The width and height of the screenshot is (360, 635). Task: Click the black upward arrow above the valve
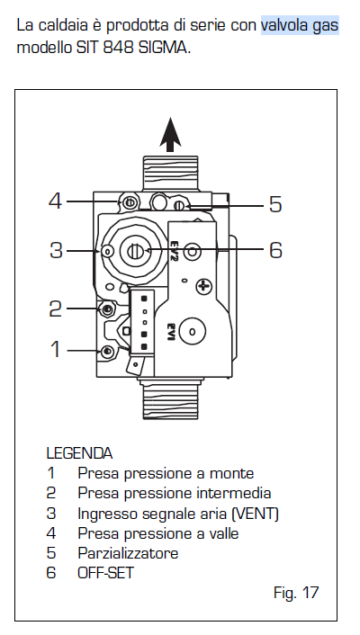pyautogui.click(x=170, y=134)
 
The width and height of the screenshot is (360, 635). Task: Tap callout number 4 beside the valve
pyautogui.click(x=55, y=201)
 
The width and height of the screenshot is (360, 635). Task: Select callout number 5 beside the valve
pyautogui.click(x=275, y=204)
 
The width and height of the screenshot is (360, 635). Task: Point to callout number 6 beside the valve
pyautogui.click(x=275, y=250)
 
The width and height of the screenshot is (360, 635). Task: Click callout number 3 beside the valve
pyautogui.click(x=57, y=250)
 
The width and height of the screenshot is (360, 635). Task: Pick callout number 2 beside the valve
pyautogui.click(x=55, y=309)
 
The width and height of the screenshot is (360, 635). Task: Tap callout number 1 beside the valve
pyautogui.click(x=56, y=349)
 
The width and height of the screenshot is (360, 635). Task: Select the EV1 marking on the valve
pyautogui.click(x=171, y=331)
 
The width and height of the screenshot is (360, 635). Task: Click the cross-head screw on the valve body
pyautogui.click(x=204, y=287)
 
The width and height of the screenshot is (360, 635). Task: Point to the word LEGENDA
pyautogui.click(x=79, y=453)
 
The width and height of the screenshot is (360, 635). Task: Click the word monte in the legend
pyautogui.click(x=231, y=473)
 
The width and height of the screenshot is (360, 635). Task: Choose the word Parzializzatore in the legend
pyautogui.click(x=128, y=553)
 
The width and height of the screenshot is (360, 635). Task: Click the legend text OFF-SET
pyautogui.click(x=106, y=573)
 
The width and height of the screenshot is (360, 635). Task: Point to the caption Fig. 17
pyautogui.click(x=296, y=593)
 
